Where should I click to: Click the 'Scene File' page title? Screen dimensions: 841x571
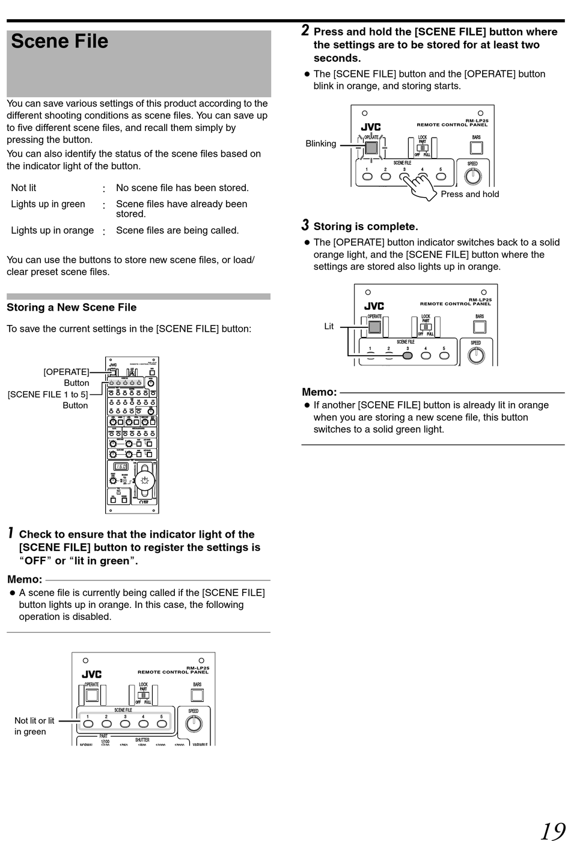pyautogui.click(x=60, y=41)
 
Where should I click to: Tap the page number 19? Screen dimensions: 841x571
pyautogui.click(x=552, y=831)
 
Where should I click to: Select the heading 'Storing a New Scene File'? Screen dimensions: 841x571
pyautogui.click(x=72, y=308)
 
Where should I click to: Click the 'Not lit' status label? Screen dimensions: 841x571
pyautogui.click(x=23, y=188)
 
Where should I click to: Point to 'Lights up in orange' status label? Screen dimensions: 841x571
pyautogui.click(x=52, y=231)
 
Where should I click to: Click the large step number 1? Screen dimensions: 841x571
pyautogui.click(x=11, y=533)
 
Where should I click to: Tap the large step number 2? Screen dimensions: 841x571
pyautogui.click(x=305, y=31)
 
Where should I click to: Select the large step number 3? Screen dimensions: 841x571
pyautogui.click(x=305, y=225)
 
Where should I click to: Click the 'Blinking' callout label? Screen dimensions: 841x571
pyautogui.click(x=320, y=144)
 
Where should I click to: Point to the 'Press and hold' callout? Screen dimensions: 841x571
pyautogui.click(x=469, y=194)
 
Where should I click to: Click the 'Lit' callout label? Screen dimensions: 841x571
pyautogui.click(x=329, y=326)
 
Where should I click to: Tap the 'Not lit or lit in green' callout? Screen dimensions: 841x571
pyautogui.click(x=34, y=726)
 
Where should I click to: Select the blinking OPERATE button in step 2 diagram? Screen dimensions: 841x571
pyautogui.click(x=371, y=148)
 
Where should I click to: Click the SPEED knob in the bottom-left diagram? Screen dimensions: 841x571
pyautogui.click(x=194, y=724)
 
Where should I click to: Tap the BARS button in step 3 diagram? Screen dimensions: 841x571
pyautogui.click(x=480, y=327)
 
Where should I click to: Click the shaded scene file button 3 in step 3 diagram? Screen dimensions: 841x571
pyautogui.click(x=408, y=355)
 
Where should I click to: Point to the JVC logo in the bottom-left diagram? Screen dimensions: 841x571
pyautogui.click(x=91, y=675)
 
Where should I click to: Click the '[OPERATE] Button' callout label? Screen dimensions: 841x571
pyautogui.click(x=66, y=377)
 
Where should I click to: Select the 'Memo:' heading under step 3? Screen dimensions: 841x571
pyautogui.click(x=319, y=392)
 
